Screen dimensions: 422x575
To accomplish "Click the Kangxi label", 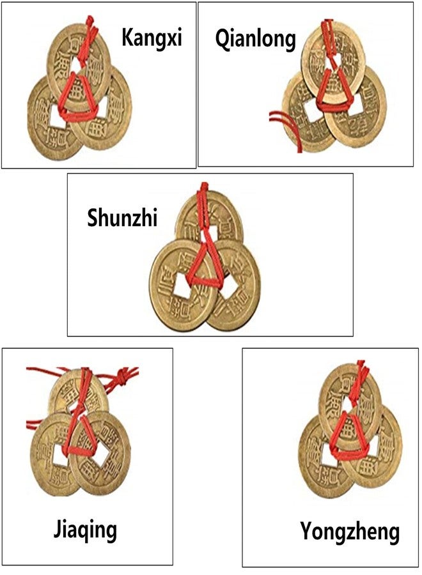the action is [x=152, y=37].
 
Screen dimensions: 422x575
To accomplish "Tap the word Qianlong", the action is [x=255, y=39].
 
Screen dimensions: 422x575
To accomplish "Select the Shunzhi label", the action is [x=122, y=217].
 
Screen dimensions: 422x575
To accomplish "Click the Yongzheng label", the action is [x=350, y=532].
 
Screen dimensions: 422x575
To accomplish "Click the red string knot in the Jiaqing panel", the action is [x=120, y=378].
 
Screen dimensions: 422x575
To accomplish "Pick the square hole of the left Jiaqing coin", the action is [x=61, y=455].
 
